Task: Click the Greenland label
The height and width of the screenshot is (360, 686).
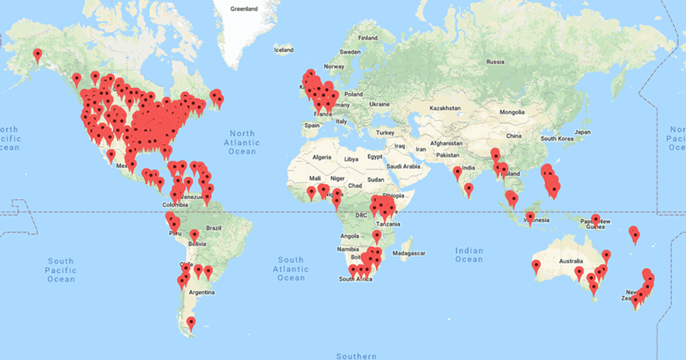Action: click(244, 9)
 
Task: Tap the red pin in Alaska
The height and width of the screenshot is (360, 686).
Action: click(38, 55)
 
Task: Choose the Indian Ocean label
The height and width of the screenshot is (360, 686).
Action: click(469, 255)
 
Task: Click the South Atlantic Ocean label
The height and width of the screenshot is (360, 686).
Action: click(291, 269)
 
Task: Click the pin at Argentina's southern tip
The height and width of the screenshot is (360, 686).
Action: click(191, 323)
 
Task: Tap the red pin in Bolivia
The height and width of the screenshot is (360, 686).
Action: click(194, 234)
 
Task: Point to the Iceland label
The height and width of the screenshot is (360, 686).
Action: click(284, 50)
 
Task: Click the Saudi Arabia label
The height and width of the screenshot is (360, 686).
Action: click(404, 167)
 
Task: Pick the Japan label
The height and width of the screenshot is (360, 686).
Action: click(582, 132)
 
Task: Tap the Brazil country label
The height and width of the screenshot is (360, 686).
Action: click(213, 227)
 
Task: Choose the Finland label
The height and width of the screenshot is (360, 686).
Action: click(368, 38)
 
